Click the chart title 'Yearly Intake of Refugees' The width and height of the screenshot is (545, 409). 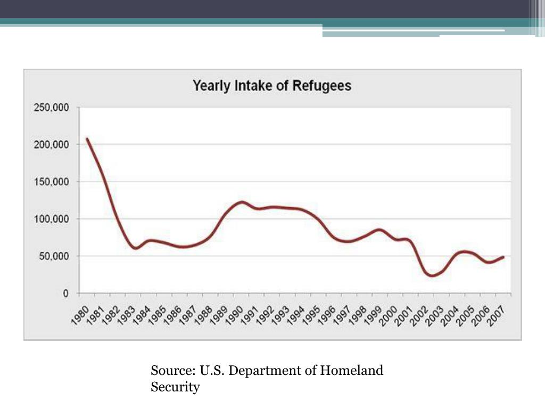pyautogui.click(x=271, y=86)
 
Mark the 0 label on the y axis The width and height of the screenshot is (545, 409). pyautogui.click(x=65, y=293)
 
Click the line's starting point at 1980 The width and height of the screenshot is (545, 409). pyautogui.click(x=87, y=139)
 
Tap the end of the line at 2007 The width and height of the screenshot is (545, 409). pyautogui.click(x=503, y=257)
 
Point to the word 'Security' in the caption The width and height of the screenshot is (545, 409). pyautogui.click(x=175, y=387)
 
